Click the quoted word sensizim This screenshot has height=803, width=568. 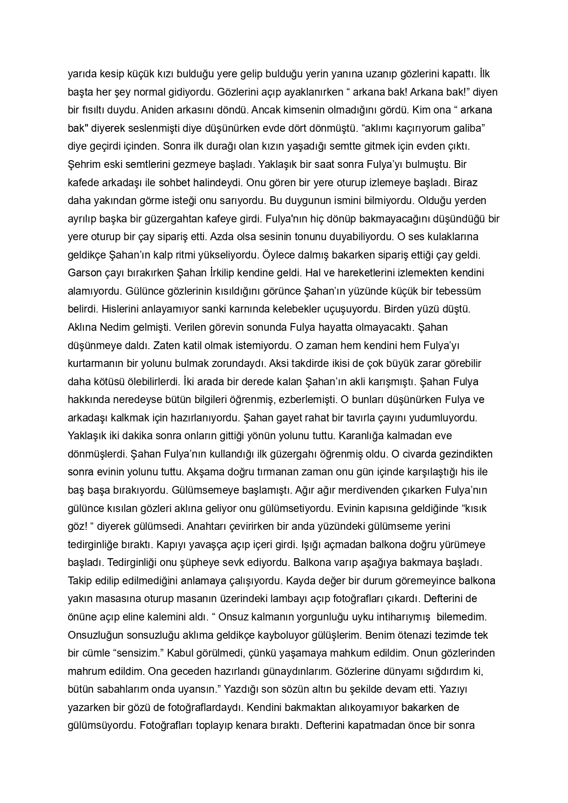coord(138,653)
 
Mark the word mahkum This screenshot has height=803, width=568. coord(350,653)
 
